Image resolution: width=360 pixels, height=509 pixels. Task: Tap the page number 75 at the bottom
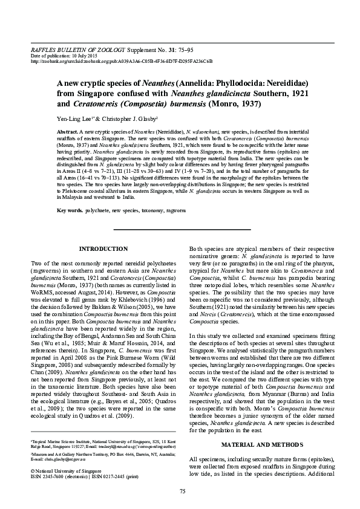180,490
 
